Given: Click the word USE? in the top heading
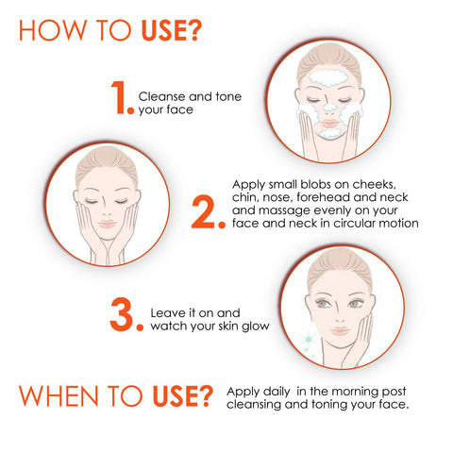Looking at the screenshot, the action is (x=172, y=30).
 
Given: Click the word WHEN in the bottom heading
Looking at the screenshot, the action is (x=59, y=396).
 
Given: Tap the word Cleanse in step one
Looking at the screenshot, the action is (x=162, y=96).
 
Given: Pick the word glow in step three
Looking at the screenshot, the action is (x=256, y=327).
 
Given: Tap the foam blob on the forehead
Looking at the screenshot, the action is (x=328, y=77).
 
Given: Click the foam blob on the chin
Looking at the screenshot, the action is (x=329, y=133).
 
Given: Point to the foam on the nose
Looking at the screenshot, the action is (x=329, y=107).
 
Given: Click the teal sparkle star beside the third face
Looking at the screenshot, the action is (x=309, y=339).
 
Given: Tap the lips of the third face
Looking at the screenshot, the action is (x=341, y=331).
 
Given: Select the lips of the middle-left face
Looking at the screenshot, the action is (x=107, y=224).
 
